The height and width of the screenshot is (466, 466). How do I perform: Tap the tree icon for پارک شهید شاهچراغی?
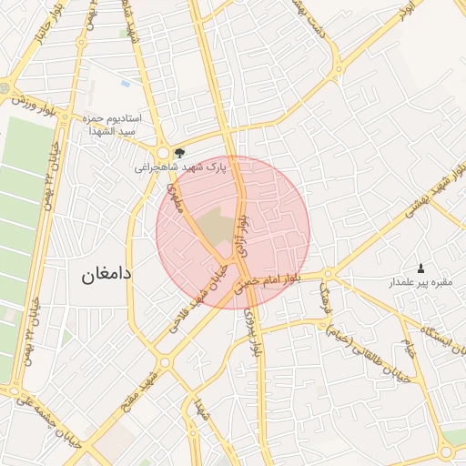179,153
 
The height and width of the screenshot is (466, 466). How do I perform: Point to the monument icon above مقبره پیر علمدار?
420,268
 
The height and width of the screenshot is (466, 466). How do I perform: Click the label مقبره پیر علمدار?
421,283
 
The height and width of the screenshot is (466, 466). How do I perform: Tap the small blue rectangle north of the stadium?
125,83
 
